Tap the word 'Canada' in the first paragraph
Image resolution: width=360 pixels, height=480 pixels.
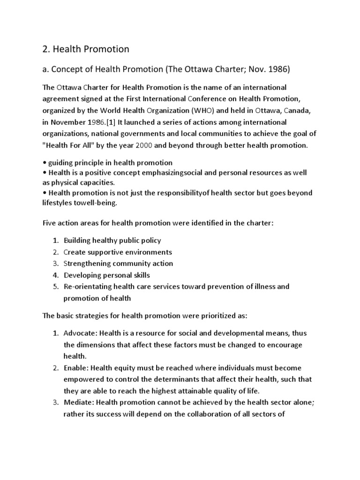click(x=293, y=111)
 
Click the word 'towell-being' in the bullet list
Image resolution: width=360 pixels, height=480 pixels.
click(x=97, y=202)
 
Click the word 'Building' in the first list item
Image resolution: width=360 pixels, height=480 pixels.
click(x=78, y=240)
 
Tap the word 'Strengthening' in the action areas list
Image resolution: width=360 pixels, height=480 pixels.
click(x=88, y=263)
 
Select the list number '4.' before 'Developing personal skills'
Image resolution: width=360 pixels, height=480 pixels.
click(x=55, y=275)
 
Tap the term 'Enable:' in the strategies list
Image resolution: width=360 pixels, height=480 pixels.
click(x=76, y=367)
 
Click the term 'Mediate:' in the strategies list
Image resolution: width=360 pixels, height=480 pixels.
click(x=79, y=402)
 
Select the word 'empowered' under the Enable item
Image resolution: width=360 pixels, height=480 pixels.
click(x=81, y=379)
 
